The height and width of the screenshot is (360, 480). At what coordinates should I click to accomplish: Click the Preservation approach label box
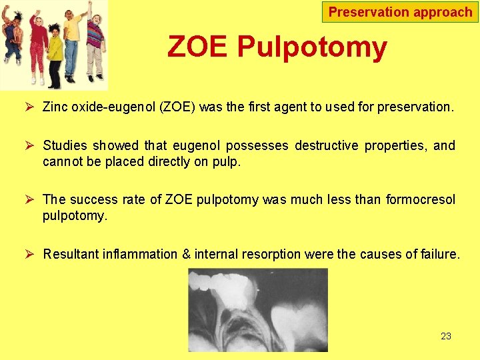point(400,12)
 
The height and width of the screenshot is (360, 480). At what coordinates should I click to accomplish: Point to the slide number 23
point(446,336)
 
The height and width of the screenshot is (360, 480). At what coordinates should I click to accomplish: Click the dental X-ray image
point(257,309)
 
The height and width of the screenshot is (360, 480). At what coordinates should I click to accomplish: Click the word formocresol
point(421,200)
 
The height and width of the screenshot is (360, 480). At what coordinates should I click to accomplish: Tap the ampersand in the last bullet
point(187,254)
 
